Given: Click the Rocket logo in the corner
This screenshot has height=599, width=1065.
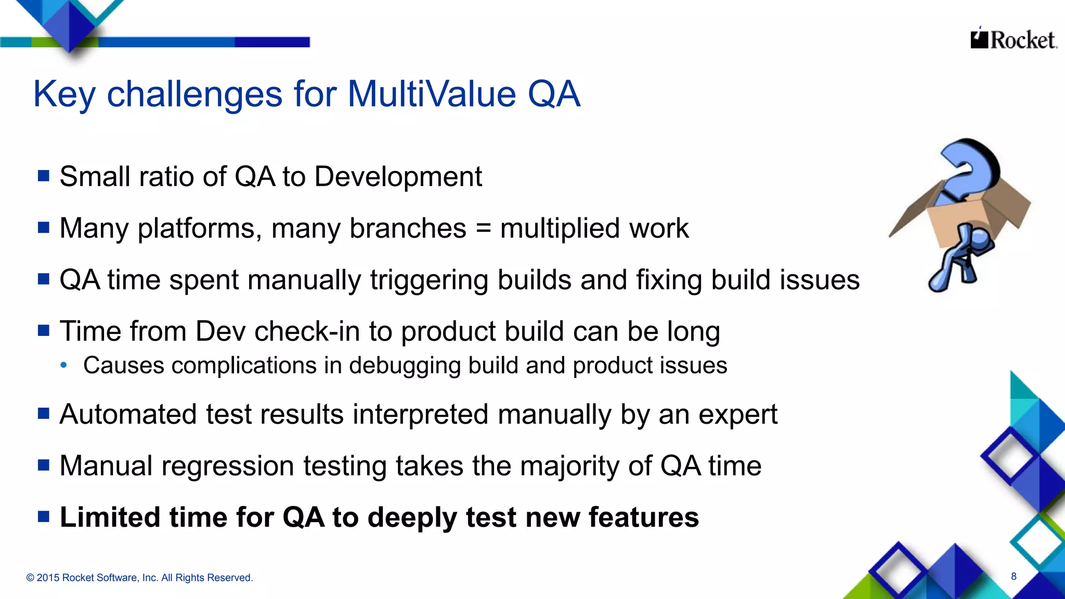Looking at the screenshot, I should (x=1013, y=40).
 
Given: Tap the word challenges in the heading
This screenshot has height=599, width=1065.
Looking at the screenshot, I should (x=196, y=94).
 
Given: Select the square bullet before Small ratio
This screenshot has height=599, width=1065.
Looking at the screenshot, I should (x=44, y=176).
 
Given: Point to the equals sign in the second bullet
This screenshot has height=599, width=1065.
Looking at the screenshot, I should (x=483, y=229).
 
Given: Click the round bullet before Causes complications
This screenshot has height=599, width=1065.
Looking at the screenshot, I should (x=63, y=366).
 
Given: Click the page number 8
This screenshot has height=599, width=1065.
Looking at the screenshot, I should (x=1014, y=576).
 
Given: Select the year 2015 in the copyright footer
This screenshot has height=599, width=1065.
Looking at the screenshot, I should (x=47, y=578).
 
